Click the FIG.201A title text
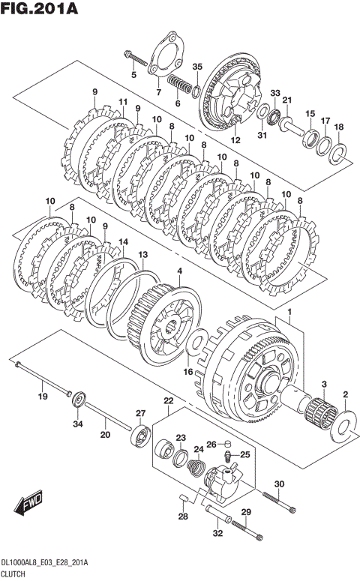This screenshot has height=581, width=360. coord(39,7)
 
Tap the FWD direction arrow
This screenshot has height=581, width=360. coord(28,503)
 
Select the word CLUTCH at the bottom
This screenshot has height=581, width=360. coord(13,574)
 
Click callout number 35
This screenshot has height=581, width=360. coord(197,67)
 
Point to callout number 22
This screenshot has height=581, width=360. coord(169,400)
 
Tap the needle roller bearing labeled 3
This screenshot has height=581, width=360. coord(321,412)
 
